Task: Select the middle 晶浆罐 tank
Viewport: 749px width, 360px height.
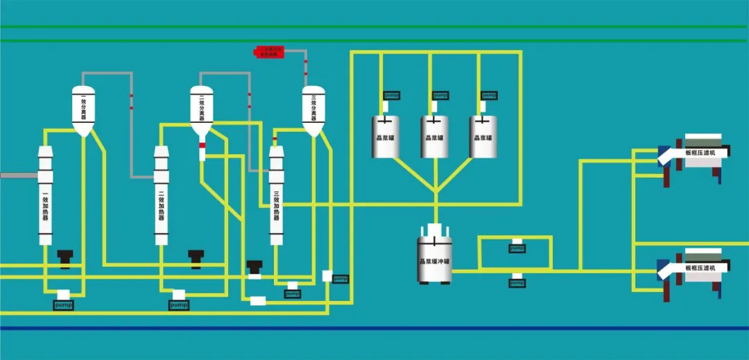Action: [x=434, y=136]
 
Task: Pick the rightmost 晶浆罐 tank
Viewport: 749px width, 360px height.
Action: [x=483, y=136]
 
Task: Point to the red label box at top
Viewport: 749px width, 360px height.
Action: [x=270, y=51]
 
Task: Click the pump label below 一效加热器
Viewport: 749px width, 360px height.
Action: [x=63, y=305]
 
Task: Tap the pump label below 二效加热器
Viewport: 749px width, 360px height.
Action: [x=179, y=305]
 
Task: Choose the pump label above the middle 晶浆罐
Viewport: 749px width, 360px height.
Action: [x=440, y=96]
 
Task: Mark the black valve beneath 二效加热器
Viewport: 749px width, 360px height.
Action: [x=196, y=257]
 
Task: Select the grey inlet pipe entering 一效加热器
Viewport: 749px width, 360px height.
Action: [x=18, y=175]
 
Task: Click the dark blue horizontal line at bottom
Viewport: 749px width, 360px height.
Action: [x=374, y=328]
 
